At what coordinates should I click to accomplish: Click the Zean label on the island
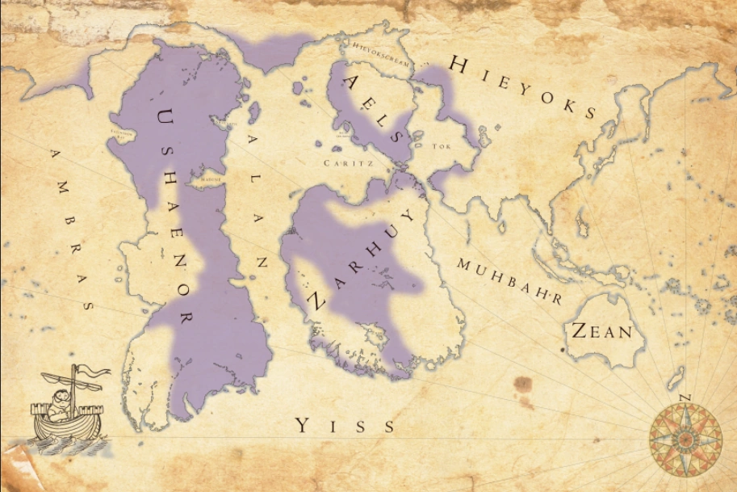(601, 330)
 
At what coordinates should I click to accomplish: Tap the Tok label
(440, 147)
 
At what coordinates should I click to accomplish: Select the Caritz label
(341, 162)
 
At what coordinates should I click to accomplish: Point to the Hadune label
(211, 179)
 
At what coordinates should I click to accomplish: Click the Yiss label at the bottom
(345, 425)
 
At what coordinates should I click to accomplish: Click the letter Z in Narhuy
(316, 301)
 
